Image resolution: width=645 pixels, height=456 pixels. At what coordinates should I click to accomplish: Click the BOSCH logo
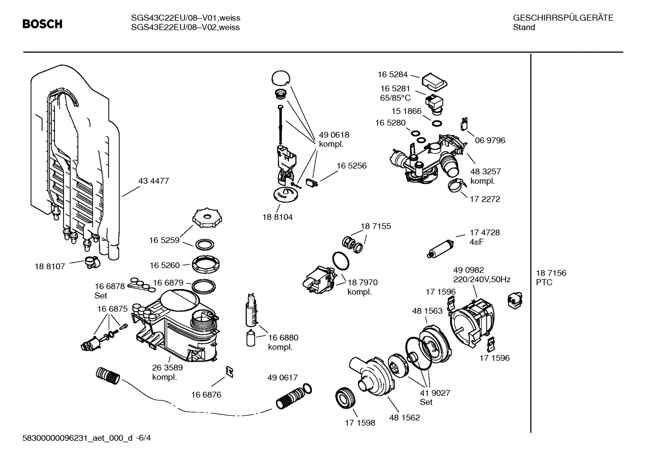point(42,24)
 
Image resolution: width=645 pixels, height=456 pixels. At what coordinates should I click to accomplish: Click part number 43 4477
point(153,181)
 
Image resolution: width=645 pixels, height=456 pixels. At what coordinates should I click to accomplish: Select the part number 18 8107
point(50,266)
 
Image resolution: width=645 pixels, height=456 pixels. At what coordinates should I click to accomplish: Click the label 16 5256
point(351,166)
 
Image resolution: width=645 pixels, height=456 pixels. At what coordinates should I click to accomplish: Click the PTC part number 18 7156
point(551,273)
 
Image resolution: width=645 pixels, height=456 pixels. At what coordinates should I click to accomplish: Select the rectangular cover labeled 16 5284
point(434,81)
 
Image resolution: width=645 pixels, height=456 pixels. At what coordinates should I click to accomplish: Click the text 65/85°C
point(395,98)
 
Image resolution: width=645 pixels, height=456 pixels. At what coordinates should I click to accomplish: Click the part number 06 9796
point(490,141)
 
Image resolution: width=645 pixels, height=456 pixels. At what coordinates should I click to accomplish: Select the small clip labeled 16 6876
point(229,372)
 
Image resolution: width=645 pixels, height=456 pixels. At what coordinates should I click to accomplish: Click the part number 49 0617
point(282,378)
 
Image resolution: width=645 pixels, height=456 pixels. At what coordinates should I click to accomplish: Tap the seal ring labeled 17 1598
point(346,397)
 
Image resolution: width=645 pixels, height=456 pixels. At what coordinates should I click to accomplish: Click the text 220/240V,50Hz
point(482,280)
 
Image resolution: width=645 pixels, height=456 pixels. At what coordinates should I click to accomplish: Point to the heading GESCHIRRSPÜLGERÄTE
point(563,18)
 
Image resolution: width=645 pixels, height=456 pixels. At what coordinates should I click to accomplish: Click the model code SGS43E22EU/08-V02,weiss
point(185,27)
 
